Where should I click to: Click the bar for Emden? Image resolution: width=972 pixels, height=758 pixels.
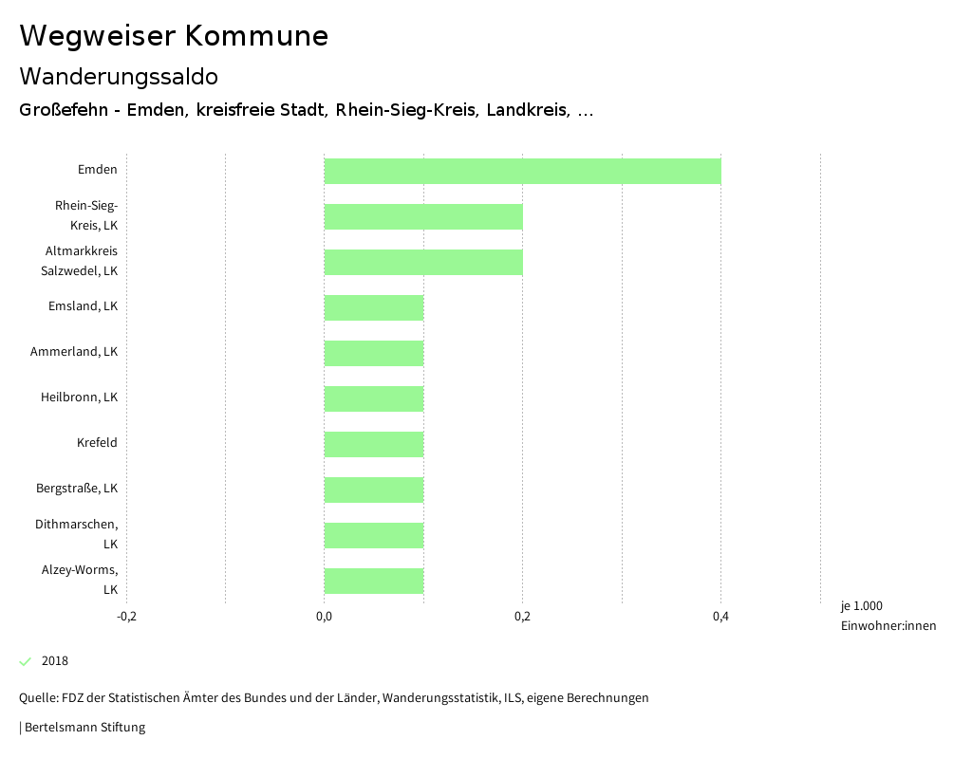pos(522,171)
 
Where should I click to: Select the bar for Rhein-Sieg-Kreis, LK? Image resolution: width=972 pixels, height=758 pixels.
pos(423,216)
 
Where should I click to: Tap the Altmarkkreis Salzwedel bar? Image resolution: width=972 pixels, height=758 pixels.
pos(423,262)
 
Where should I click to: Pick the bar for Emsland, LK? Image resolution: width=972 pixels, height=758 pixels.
pos(374,307)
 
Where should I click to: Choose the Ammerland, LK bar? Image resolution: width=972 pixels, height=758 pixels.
pos(374,353)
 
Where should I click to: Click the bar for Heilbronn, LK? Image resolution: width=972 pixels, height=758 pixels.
pos(374,398)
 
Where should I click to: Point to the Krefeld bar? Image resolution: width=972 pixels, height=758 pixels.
pos(374,444)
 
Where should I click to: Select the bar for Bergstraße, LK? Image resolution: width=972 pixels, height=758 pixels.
pos(374,490)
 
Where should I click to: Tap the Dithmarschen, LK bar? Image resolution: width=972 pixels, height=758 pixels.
pos(374,535)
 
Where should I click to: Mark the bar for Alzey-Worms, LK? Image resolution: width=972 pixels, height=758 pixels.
pos(374,581)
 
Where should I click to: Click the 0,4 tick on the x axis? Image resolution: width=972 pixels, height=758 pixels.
pos(720,618)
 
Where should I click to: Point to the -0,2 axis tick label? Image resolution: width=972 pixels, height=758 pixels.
pos(126,618)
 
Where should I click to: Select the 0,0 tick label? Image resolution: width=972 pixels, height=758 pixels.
pos(324,618)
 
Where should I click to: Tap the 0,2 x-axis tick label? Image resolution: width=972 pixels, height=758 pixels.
pos(522,618)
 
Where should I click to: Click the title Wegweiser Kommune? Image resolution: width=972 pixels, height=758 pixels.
pos(174,36)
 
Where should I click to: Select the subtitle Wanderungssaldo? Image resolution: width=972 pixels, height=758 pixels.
pos(119,76)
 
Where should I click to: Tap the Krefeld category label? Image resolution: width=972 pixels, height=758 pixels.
pos(97,443)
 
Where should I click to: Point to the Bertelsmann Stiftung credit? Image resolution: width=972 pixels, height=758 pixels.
pos(83,728)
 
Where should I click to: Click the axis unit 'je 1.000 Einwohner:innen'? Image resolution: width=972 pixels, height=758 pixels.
pos(888,616)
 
